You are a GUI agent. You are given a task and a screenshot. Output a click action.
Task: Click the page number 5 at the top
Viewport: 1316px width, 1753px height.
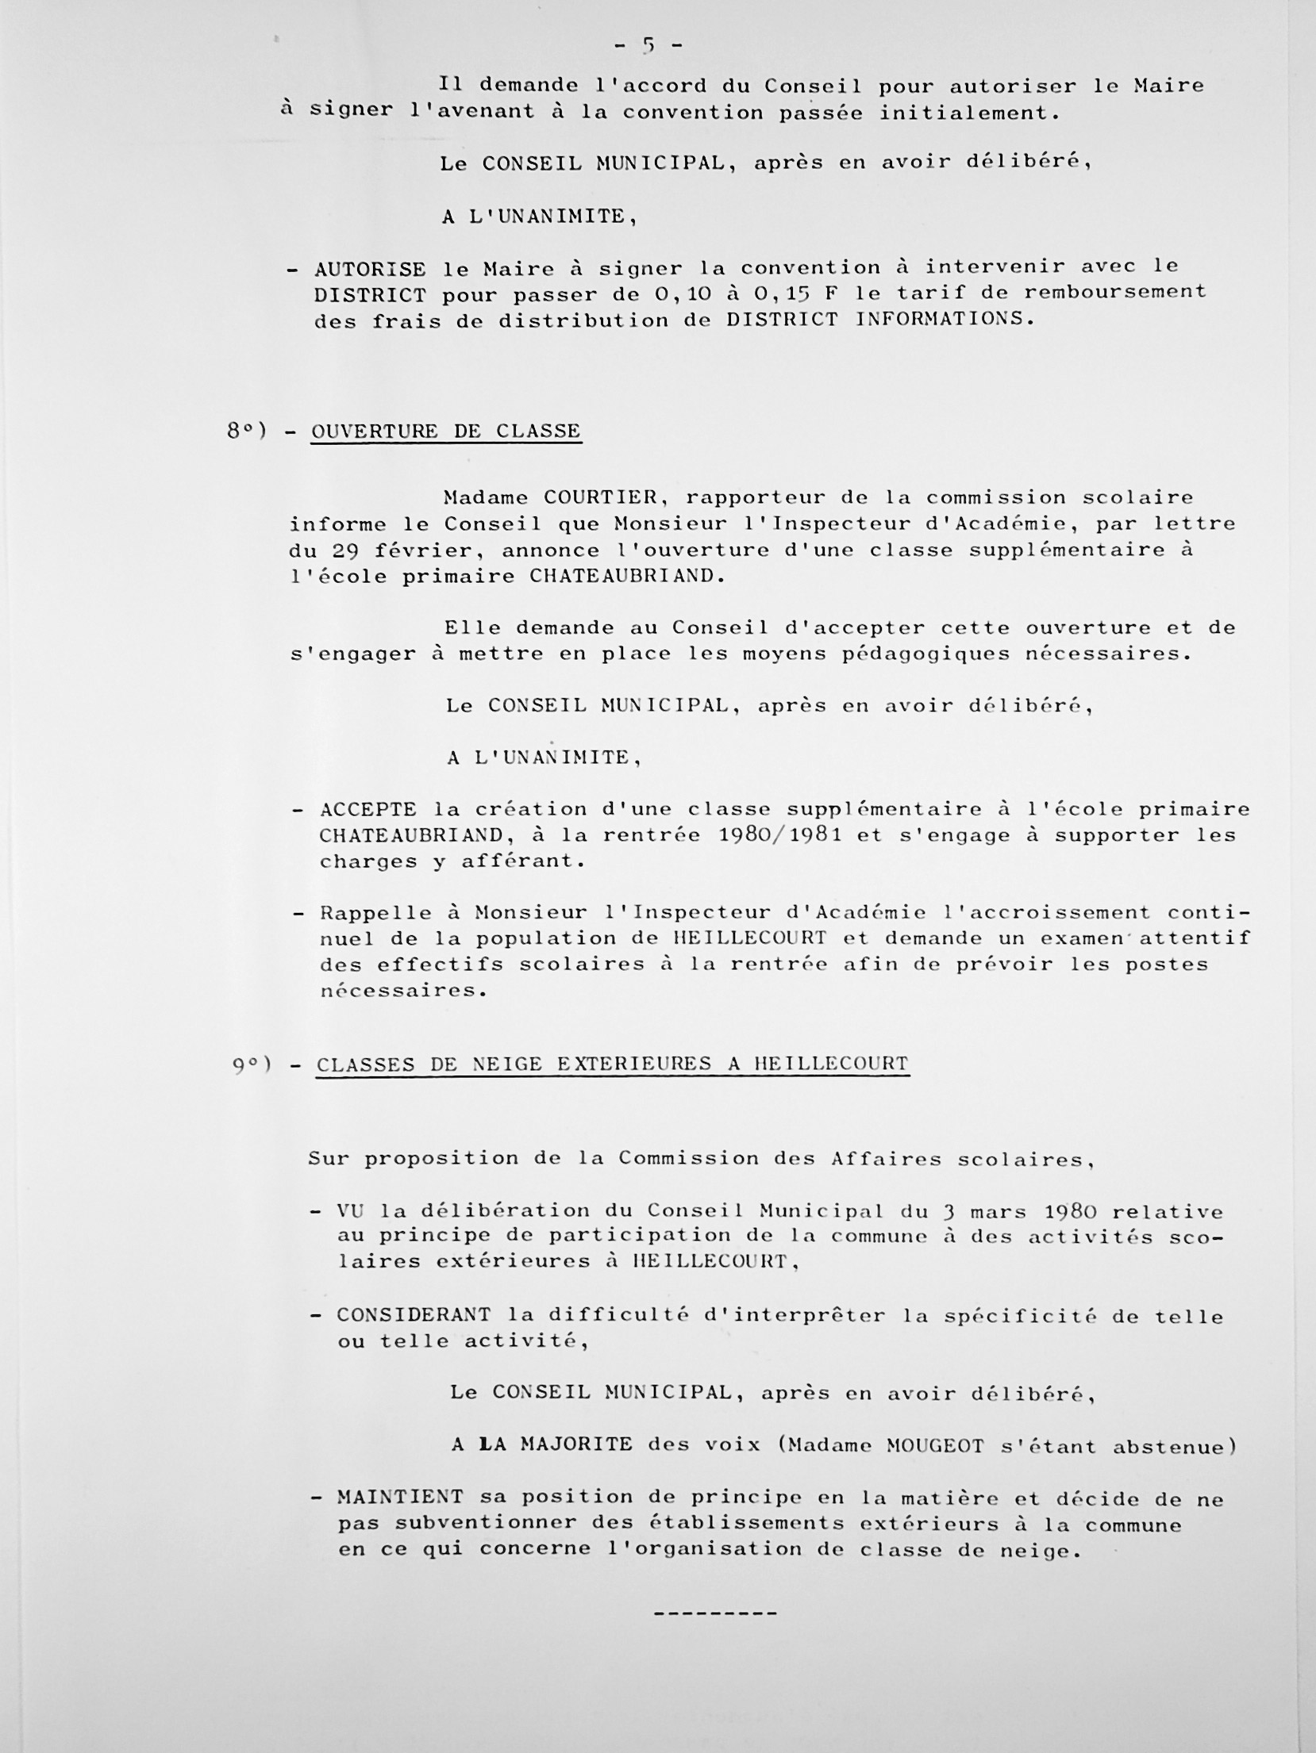(648, 46)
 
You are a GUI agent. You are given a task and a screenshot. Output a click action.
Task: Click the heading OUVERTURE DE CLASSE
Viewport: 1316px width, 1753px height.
(445, 432)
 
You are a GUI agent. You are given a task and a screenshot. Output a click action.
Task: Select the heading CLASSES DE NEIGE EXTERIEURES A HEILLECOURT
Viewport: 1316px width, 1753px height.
(612, 1064)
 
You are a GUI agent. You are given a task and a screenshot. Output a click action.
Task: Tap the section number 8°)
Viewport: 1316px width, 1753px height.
(247, 432)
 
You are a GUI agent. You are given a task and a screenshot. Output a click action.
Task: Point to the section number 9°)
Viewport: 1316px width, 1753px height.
(252, 1065)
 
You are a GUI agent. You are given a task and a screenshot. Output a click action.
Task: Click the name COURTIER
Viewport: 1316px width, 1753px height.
(600, 498)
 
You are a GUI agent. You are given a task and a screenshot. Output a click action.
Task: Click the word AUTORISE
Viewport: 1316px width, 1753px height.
(370, 270)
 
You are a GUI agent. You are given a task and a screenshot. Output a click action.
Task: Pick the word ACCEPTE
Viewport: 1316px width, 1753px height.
(368, 810)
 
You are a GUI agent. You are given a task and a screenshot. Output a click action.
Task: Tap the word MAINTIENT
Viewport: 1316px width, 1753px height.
(400, 1498)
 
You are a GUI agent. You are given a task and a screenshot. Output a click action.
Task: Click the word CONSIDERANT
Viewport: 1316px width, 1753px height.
(414, 1314)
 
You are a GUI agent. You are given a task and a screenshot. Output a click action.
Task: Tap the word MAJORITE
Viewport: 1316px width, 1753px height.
(576, 1444)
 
